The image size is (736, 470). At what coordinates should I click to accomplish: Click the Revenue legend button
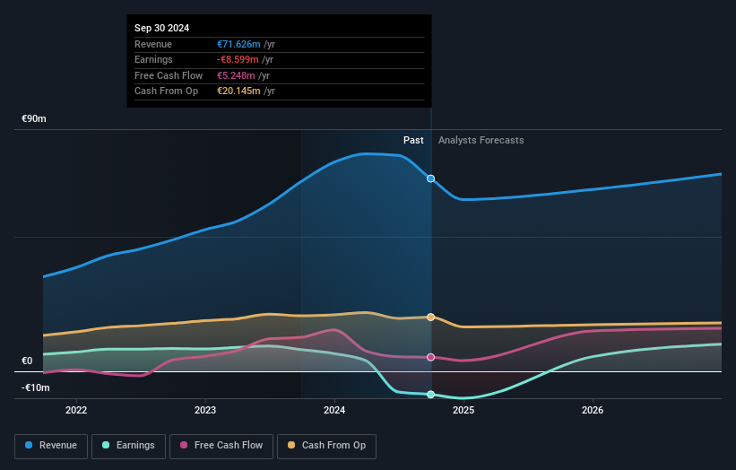pyautogui.click(x=51, y=445)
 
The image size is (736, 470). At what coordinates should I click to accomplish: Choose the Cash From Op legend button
pyautogui.click(x=327, y=445)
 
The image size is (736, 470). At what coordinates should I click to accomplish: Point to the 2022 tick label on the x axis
pyautogui.click(x=76, y=411)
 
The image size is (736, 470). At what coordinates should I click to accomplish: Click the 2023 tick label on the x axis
pyautogui.click(x=205, y=411)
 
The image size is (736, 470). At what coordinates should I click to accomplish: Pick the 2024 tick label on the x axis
pyautogui.click(x=334, y=411)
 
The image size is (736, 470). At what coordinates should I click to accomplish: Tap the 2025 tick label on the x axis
pyautogui.click(x=463, y=411)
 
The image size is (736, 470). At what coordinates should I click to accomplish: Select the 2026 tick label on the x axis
pyautogui.click(x=593, y=411)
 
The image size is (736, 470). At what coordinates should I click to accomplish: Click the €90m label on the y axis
pyautogui.click(x=34, y=119)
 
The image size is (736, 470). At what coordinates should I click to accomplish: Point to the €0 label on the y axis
pyautogui.click(x=27, y=361)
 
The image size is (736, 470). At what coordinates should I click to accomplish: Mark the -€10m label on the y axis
pyautogui.click(x=35, y=388)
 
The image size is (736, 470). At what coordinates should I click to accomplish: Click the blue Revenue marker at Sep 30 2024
pyautogui.click(x=431, y=178)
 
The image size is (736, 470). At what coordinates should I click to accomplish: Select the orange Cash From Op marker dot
pyautogui.click(x=431, y=318)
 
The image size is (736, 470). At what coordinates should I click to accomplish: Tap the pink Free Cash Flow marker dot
pyautogui.click(x=431, y=357)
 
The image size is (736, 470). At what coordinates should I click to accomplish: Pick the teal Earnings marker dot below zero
pyautogui.click(x=431, y=395)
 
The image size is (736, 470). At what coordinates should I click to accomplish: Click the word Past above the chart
pyautogui.click(x=413, y=141)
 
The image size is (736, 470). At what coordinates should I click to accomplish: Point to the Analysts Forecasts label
pyautogui.click(x=481, y=141)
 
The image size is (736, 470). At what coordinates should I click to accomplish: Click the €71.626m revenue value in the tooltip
pyautogui.click(x=238, y=44)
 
